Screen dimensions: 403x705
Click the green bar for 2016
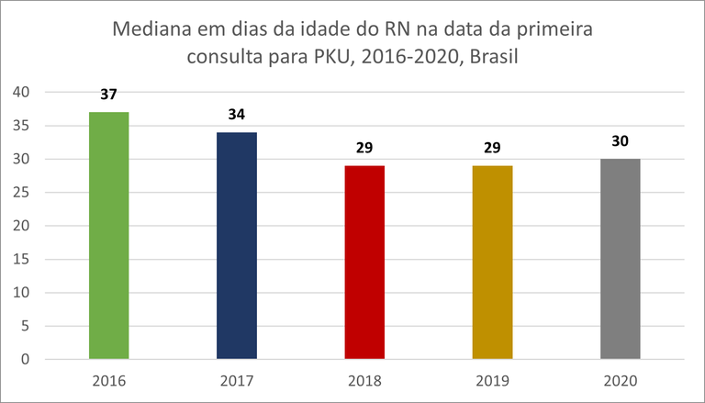tap(109, 235)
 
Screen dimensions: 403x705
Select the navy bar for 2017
tap(237, 245)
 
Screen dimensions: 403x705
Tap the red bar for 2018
tap(364, 262)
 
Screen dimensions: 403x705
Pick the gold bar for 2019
tap(492, 262)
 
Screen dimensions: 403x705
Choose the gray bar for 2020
tap(620, 259)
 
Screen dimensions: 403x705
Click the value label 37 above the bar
tap(109, 95)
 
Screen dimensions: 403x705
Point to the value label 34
tap(237, 115)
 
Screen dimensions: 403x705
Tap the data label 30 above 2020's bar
tap(620, 141)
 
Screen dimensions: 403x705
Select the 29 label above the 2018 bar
tap(364, 148)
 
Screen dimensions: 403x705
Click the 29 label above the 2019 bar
tap(492, 148)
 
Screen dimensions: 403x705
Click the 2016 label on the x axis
tap(109, 380)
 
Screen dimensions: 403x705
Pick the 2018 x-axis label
tap(364, 380)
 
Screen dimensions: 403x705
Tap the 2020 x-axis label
tap(620, 380)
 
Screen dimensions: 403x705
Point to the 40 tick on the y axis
tap(21, 92)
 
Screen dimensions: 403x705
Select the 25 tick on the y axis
tap(21, 193)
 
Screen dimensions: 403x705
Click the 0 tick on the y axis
tap(26, 360)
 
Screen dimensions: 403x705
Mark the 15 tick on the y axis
tap(21, 260)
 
